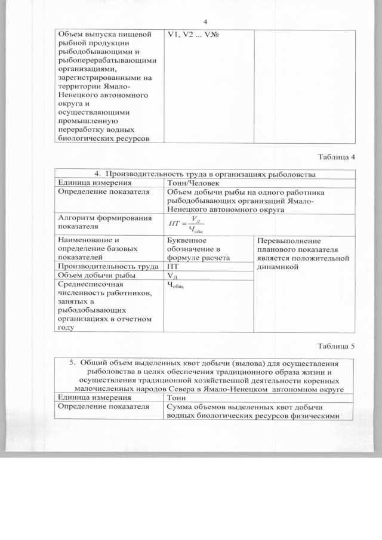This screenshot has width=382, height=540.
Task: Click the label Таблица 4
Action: coord(337,157)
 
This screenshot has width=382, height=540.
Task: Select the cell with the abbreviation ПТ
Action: coord(172,266)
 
